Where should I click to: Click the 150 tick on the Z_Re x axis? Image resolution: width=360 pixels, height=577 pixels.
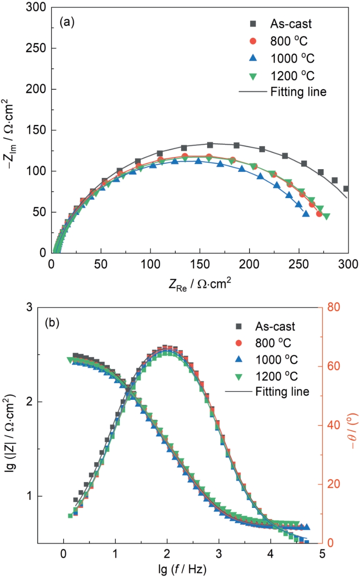click(200, 264)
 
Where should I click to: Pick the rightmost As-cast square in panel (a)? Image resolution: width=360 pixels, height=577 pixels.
click(346, 189)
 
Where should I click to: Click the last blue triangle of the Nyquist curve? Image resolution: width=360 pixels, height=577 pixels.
click(306, 214)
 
